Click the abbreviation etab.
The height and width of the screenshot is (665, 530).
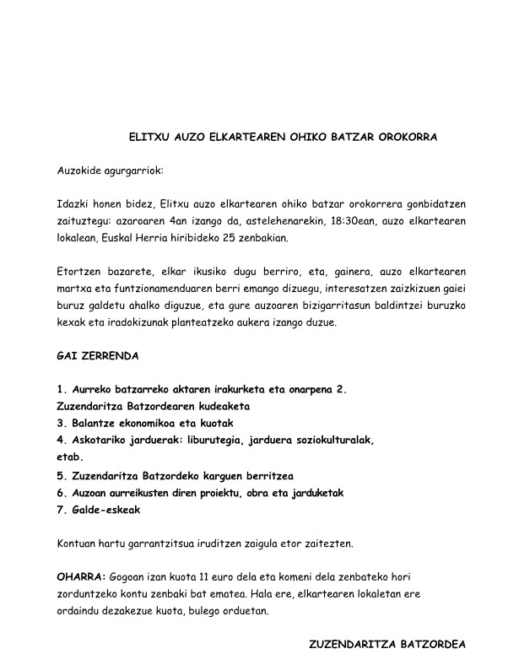pyautogui.click(x=69, y=457)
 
